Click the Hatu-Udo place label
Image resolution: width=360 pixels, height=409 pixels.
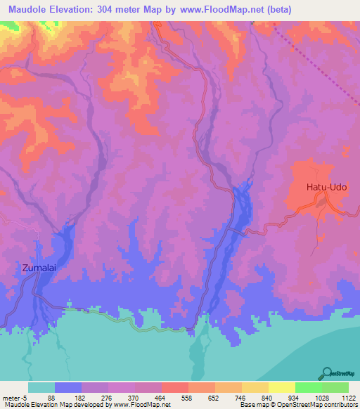[x=326, y=188]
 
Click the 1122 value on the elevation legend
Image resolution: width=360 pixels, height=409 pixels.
[x=348, y=397]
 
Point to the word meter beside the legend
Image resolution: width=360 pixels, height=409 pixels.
[x=10, y=397]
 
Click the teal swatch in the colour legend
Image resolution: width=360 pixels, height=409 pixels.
[x=41, y=387]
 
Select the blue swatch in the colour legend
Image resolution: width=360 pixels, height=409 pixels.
[x=68, y=387]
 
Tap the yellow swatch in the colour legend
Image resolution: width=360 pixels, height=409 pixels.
[x=281, y=387]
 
